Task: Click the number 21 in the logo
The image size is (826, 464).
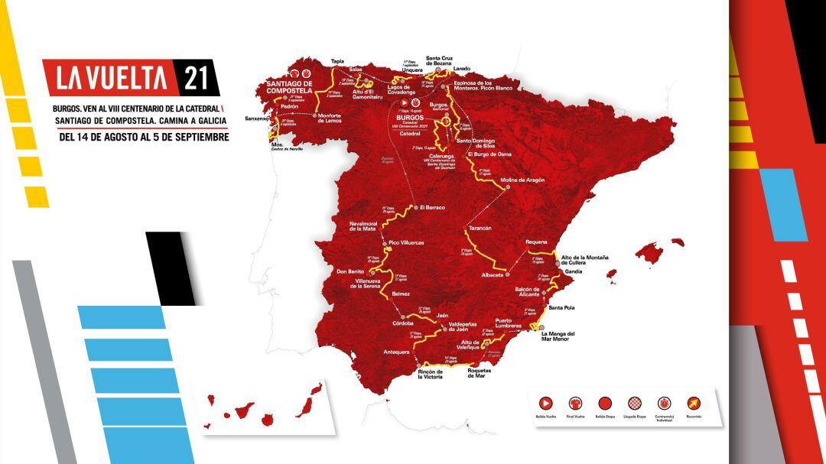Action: (x=196, y=78)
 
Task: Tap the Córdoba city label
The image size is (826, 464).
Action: (x=402, y=322)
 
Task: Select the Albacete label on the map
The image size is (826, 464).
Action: (x=492, y=274)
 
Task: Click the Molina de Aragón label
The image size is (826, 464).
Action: (x=522, y=180)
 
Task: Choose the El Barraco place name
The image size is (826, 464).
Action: (x=432, y=207)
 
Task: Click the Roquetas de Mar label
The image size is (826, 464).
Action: (x=487, y=373)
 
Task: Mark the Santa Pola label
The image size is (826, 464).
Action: (x=562, y=307)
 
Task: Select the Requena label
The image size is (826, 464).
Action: (x=536, y=242)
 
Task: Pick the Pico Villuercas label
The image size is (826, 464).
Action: (x=406, y=242)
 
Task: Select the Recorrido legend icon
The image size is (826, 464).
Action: (x=693, y=403)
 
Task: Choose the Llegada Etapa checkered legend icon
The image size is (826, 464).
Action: (x=634, y=403)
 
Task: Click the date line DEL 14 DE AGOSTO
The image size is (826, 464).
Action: (x=145, y=137)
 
